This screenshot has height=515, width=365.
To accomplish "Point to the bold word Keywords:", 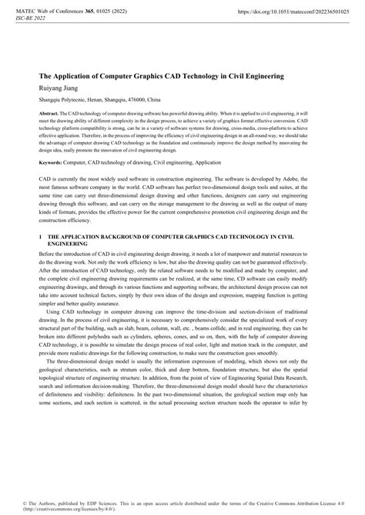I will point(45,163).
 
